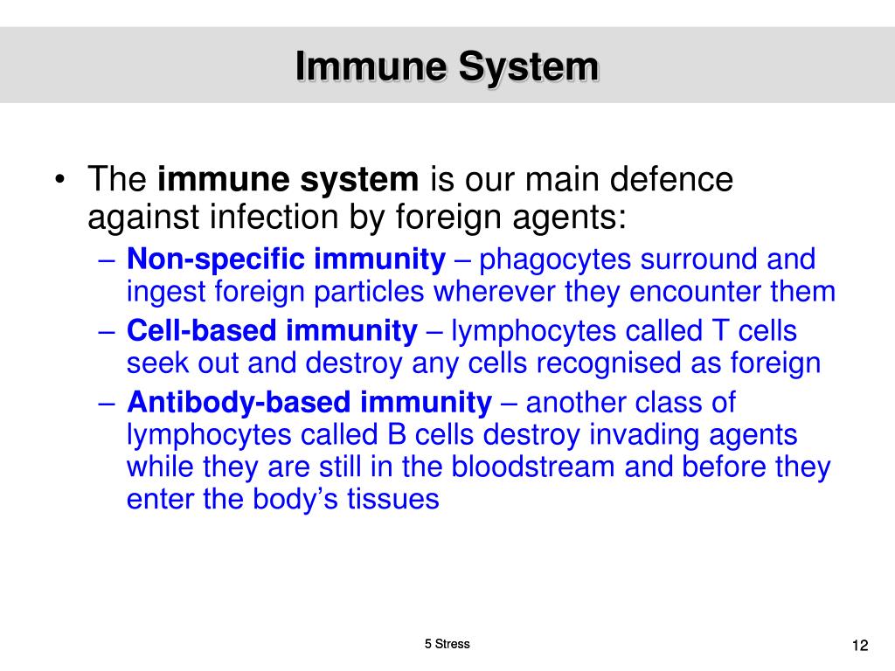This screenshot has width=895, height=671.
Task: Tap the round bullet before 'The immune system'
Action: tap(59, 181)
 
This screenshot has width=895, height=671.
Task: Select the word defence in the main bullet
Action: tap(670, 180)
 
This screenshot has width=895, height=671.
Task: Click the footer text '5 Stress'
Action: tap(447, 644)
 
